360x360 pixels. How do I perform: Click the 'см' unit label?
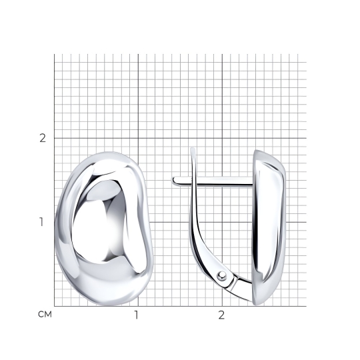tap(45, 314)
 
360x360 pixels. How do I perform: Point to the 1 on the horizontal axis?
tap(137, 315)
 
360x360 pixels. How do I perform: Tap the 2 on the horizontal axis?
tap(221, 315)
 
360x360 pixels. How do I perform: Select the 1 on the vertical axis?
tap(41, 222)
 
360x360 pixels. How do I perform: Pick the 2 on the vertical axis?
tap(43, 138)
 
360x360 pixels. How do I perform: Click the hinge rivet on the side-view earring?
tap(222, 275)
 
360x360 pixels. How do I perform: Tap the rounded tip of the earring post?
tap(174, 181)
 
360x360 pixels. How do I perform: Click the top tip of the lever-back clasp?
tap(193, 148)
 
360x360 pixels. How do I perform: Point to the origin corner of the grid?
tap(55, 306)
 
